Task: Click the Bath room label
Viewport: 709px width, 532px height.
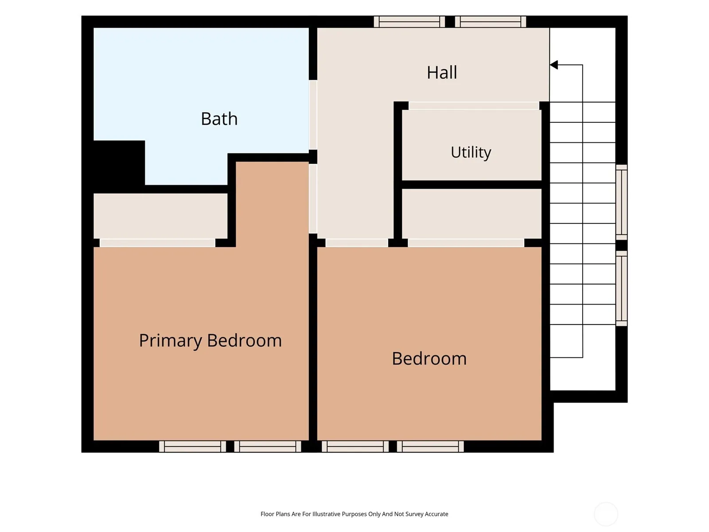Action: [x=219, y=118]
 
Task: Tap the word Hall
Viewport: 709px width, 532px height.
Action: [x=441, y=72]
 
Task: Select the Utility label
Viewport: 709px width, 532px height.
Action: [x=471, y=152]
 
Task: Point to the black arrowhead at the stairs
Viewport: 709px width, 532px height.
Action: [x=553, y=65]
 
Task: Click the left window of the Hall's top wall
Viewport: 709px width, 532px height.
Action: [x=409, y=22]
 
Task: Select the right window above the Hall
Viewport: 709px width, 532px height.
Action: [x=490, y=22]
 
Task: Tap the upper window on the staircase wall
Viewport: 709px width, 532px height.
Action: [x=621, y=202]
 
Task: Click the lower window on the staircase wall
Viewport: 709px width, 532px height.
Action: [x=621, y=289]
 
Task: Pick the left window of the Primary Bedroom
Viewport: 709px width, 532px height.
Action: [x=192, y=446]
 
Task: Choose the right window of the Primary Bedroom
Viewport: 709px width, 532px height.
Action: [x=267, y=446]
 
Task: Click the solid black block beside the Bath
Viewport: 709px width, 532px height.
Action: [x=119, y=166]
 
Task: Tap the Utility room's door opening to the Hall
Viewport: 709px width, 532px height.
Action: [x=474, y=106]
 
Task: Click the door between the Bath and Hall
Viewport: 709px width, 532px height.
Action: [x=313, y=115]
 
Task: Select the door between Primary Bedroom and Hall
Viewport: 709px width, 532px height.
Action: [x=313, y=199]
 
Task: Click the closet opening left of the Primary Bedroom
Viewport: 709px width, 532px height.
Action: [x=157, y=243]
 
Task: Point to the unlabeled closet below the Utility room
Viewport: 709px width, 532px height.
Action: [x=471, y=214]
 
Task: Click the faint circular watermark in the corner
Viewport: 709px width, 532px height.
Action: [x=606, y=514]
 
